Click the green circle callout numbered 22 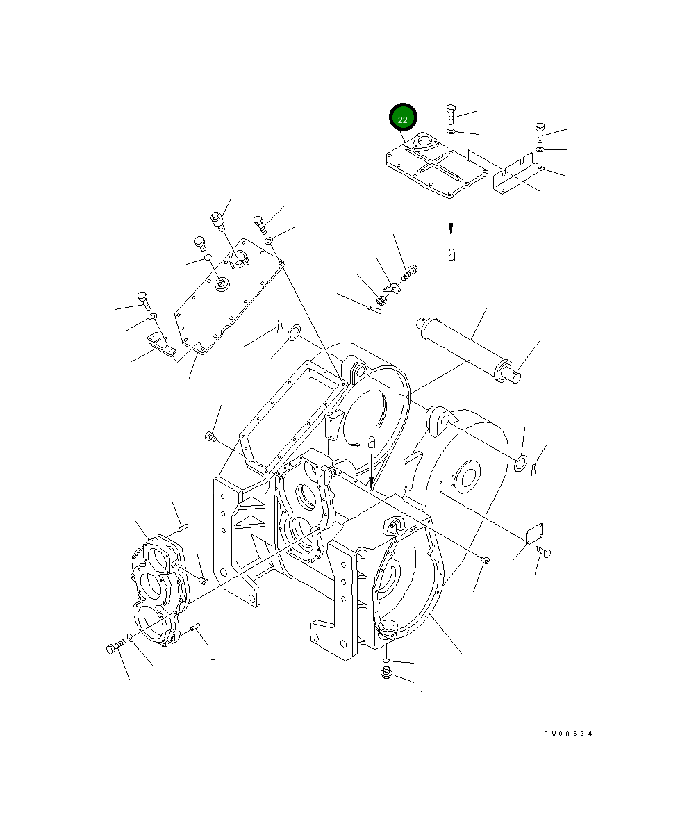coord(403,119)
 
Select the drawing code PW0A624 coord(568,734)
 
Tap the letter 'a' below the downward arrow coord(451,255)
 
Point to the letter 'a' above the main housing coord(372,442)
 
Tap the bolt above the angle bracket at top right coord(540,132)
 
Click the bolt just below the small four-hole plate coord(544,552)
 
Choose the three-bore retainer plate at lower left coord(160,591)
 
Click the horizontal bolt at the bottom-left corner coord(115,648)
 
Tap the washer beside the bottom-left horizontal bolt coord(131,639)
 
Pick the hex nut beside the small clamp coord(381,301)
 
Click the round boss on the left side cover coord(223,283)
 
